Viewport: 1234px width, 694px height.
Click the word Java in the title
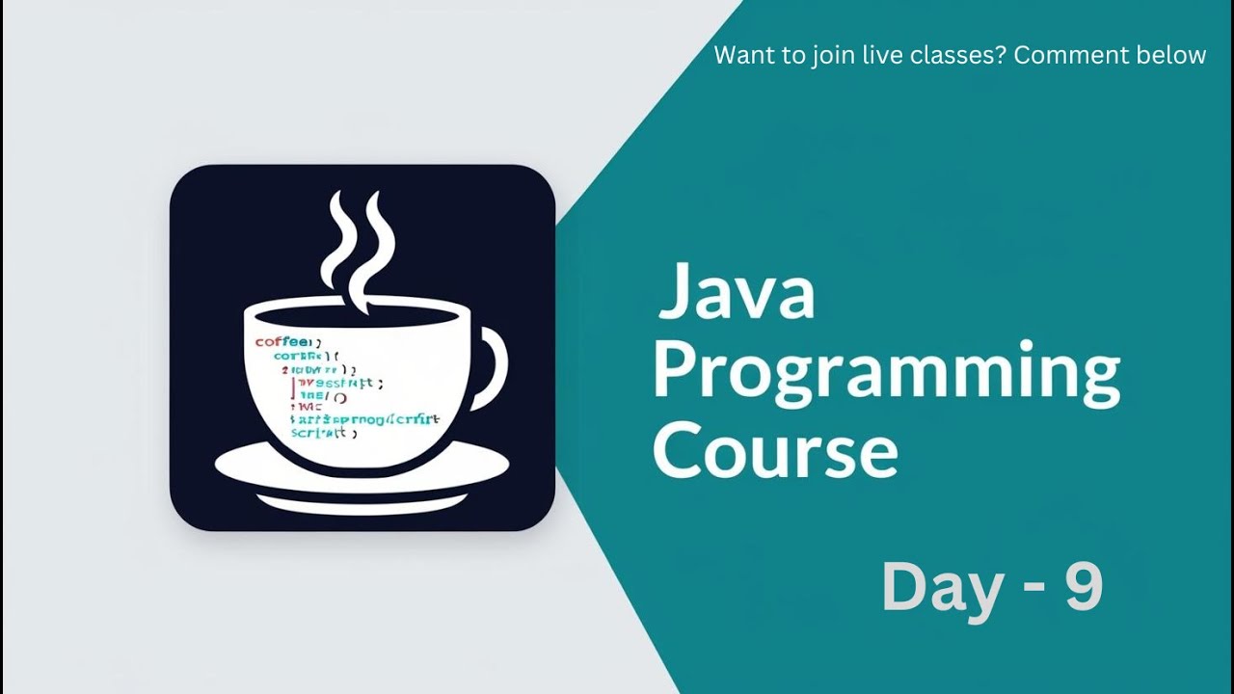737,293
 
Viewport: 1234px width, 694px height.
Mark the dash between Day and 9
1029,590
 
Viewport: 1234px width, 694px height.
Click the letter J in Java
676,293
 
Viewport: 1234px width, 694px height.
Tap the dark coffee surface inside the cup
362,318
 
